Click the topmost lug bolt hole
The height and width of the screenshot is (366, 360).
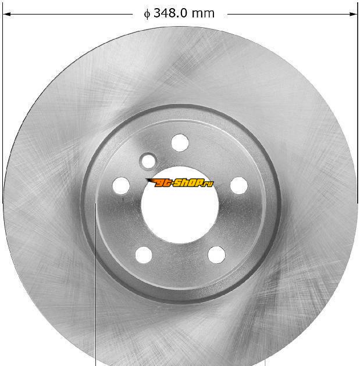click(180, 142)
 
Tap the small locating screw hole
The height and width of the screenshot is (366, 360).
click(148, 162)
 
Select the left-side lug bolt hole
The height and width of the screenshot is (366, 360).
click(121, 185)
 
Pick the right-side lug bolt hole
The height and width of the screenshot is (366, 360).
click(239, 185)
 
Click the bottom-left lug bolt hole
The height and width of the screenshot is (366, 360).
click(144, 254)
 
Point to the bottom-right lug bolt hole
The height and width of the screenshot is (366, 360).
click(216, 254)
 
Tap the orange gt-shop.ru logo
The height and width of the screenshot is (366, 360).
click(179, 183)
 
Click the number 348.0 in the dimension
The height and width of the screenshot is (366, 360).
click(170, 13)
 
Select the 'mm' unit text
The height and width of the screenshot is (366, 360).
click(202, 14)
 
